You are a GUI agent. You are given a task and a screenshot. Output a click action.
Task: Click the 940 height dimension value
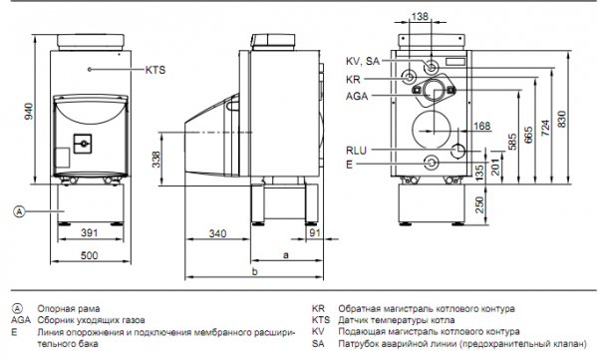point(29,111)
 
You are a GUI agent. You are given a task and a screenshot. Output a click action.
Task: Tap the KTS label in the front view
point(155,70)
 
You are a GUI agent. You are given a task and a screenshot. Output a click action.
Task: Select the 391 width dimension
point(90,232)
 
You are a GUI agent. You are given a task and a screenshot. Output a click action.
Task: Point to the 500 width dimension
point(90,255)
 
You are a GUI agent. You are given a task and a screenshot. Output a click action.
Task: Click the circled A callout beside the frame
point(19,211)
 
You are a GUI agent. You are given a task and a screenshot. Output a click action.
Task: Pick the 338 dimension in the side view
point(156,160)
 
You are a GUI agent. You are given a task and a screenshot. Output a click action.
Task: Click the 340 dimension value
point(217,233)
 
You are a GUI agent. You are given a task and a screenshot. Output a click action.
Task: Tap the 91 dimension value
point(315,232)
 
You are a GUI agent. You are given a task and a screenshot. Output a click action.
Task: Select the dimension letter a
point(286,255)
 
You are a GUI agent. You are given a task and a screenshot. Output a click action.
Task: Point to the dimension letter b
point(255,271)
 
